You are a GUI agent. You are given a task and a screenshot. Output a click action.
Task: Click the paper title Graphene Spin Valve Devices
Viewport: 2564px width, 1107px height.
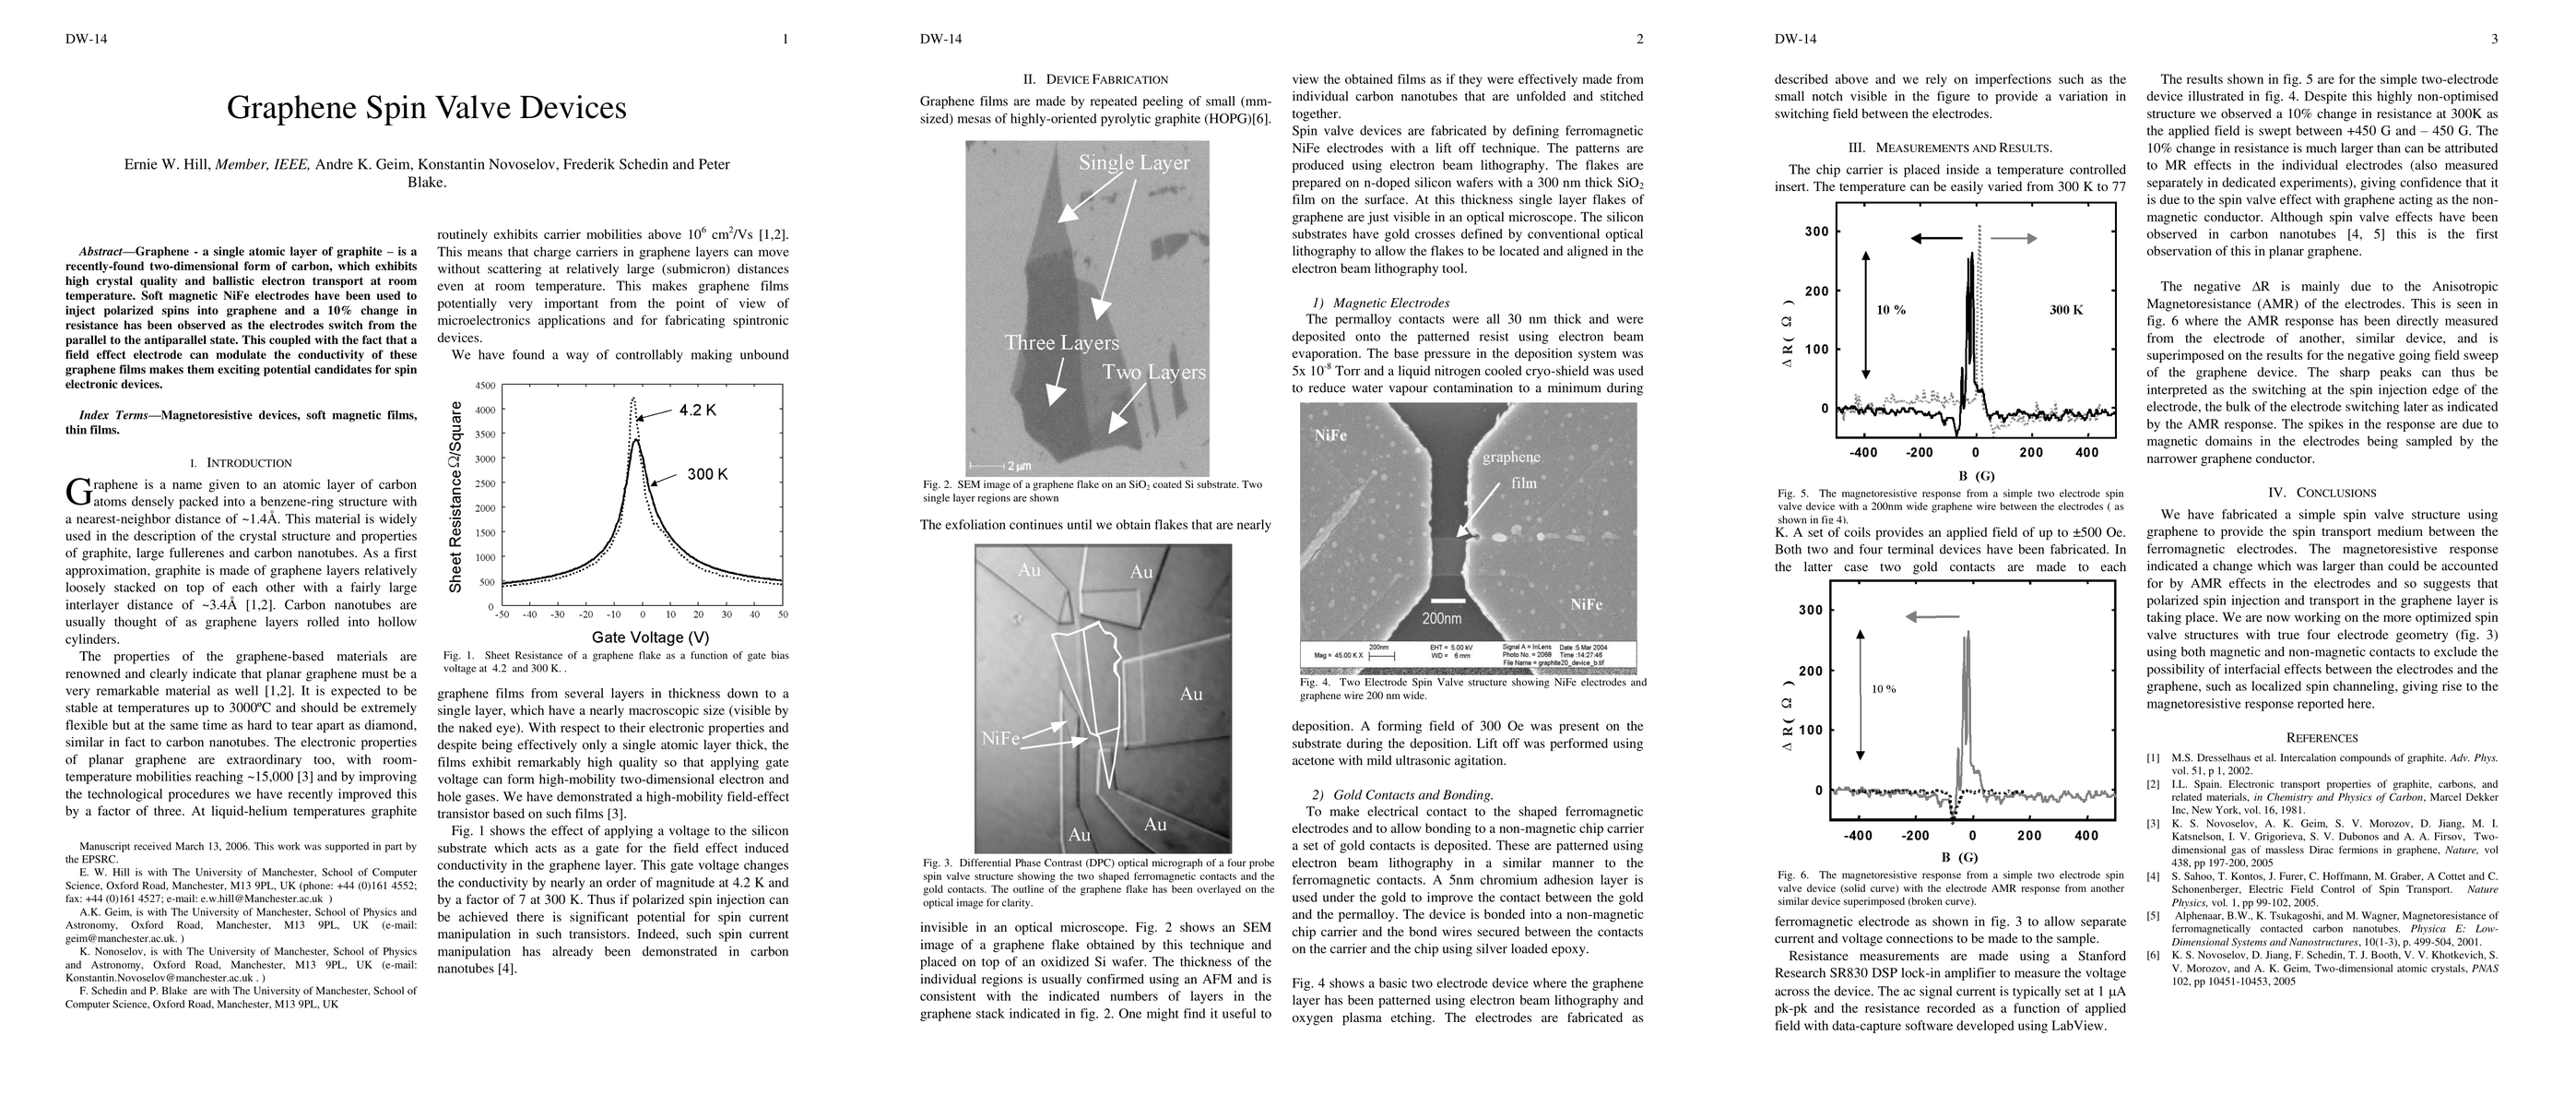pyautogui.click(x=426, y=108)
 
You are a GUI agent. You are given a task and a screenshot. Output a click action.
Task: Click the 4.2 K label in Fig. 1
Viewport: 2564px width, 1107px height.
pyautogui.click(x=698, y=411)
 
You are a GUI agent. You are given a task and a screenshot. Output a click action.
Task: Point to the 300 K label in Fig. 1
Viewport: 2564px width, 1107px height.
pyautogui.click(x=707, y=475)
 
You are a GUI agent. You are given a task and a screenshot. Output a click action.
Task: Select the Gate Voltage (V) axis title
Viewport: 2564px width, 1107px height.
pyautogui.click(x=650, y=637)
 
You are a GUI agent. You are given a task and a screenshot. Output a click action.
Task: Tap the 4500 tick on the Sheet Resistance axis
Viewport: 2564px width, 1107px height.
pyautogui.click(x=485, y=386)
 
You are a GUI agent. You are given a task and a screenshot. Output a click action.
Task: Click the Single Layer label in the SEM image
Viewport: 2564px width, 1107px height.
pyautogui.click(x=1134, y=162)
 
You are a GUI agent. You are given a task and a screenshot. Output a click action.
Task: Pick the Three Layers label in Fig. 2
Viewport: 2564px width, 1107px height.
pyautogui.click(x=1061, y=343)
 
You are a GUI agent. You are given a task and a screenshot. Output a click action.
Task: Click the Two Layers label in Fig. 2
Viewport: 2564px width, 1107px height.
pyautogui.click(x=1153, y=373)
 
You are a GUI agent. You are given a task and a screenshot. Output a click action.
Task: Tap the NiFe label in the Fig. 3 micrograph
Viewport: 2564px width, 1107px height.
pyautogui.click(x=1000, y=739)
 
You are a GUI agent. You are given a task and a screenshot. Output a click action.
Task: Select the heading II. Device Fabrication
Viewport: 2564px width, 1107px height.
pyautogui.click(x=1095, y=79)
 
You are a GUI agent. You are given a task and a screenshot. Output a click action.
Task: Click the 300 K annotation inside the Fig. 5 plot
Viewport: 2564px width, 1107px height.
pyautogui.click(x=2066, y=311)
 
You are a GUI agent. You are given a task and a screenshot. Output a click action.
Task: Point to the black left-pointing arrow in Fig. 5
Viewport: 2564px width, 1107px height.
pyautogui.click(x=1936, y=238)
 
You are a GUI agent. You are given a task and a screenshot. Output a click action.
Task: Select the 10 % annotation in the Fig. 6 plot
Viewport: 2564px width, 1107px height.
pyautogui.click(x=1884, y=689)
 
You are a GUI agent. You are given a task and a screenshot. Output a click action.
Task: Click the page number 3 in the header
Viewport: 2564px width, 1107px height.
pyautogui.click(x=2494, y=40)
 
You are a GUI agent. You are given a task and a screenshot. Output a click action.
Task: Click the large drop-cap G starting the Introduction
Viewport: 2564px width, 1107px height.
pyautogui.click(x=77, y=491)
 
